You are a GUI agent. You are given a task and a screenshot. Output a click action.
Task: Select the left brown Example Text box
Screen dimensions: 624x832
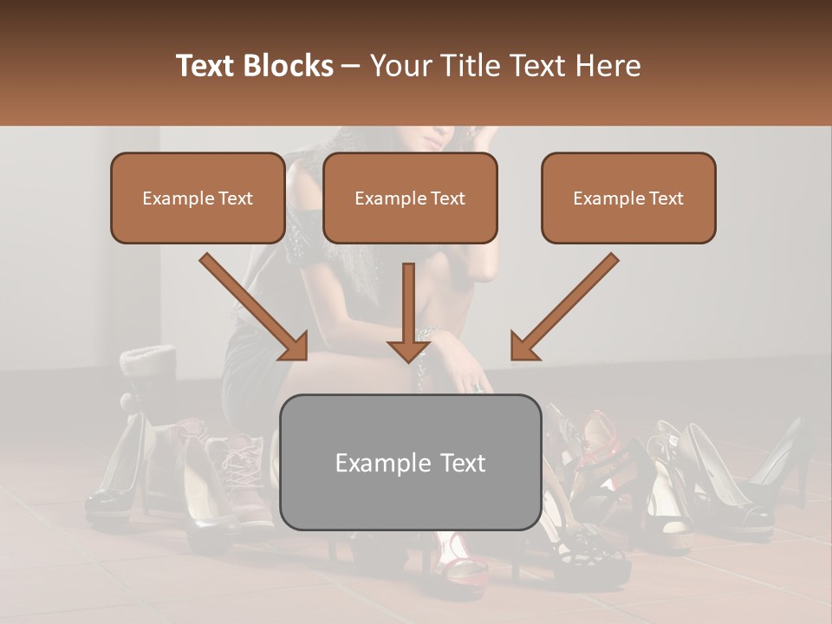point(198,198)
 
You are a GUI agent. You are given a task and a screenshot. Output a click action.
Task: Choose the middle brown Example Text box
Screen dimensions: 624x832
point(410,198)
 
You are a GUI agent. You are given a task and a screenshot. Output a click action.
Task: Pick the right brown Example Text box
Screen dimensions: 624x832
point(628,198)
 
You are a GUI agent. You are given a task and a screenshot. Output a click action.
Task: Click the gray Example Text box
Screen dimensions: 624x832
point(410,462)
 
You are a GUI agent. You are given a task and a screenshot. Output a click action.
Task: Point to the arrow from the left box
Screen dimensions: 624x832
point(256,308)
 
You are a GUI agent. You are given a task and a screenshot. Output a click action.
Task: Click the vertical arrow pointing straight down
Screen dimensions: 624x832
point(409,312)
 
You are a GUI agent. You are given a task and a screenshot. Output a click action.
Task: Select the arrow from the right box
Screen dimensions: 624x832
point(563,308)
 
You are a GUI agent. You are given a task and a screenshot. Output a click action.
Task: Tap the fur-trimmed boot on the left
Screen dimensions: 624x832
point(149,381)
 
